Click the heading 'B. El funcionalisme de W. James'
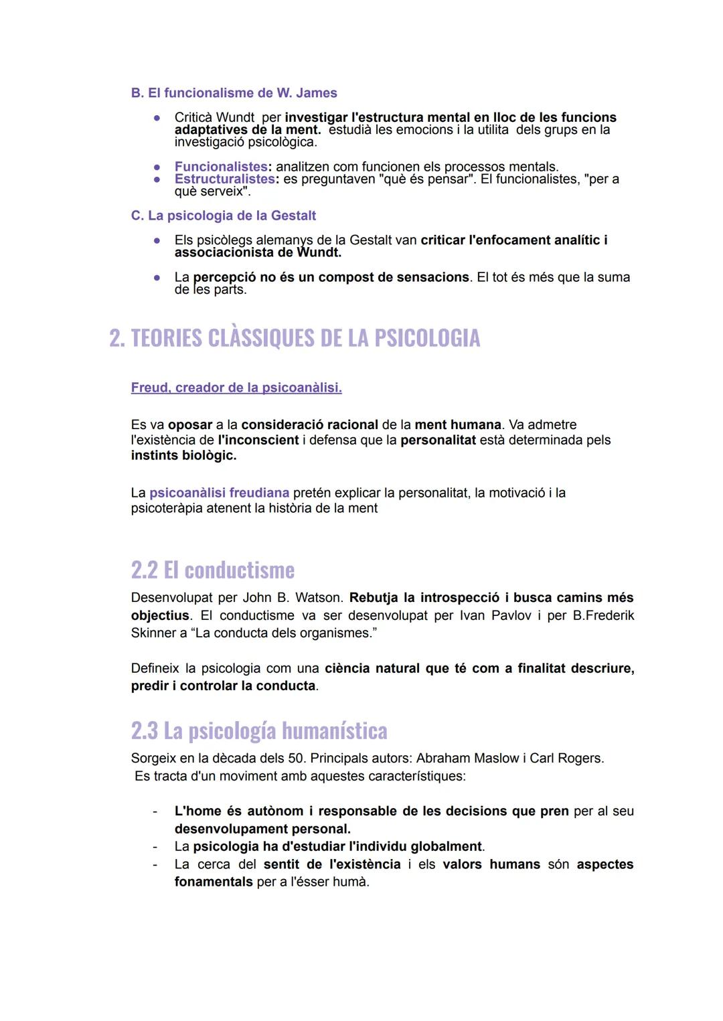coord(234,93)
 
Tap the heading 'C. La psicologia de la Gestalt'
coord(224,216)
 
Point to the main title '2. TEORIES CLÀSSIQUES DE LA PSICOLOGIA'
coord(295,338)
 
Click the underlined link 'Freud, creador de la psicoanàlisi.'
coord(236,388)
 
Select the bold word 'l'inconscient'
coord(258,440)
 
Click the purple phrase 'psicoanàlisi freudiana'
coord(219,493)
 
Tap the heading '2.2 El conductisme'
coord(213,570)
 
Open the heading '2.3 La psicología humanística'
coord(259,730)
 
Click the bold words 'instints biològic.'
coord(183,455)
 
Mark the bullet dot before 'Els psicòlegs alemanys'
coord(157,240)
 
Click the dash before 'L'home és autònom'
coord(155,811)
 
